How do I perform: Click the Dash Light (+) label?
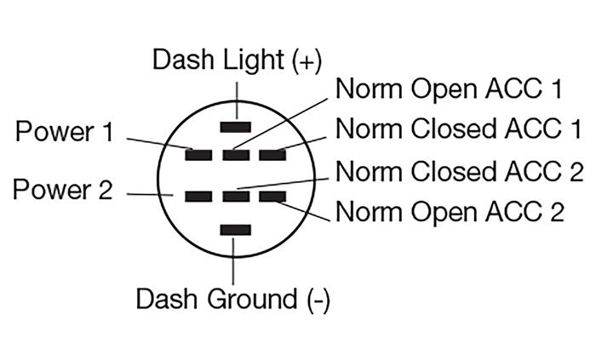coord(236,59)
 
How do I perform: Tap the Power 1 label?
coord(65,132)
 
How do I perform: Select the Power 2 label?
coord(63,190)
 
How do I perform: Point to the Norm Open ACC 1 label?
coord(450,89)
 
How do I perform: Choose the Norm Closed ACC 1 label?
coord(459,129)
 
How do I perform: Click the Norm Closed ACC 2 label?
coord(459,171)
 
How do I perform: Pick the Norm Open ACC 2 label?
coord(450,210)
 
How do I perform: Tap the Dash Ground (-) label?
coord(232,300)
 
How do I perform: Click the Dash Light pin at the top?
coord(233,127)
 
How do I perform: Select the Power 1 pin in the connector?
coord(199,156)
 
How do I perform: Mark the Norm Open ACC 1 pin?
coord(233,156)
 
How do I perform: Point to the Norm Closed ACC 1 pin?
coord(272,156)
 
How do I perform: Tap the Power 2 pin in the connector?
coord(199,197)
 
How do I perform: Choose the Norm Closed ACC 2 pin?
coord(233,197)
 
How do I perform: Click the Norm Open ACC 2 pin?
coord(272,197)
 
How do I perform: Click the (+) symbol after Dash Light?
coord(306,60)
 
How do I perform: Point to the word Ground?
coord(248,300)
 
